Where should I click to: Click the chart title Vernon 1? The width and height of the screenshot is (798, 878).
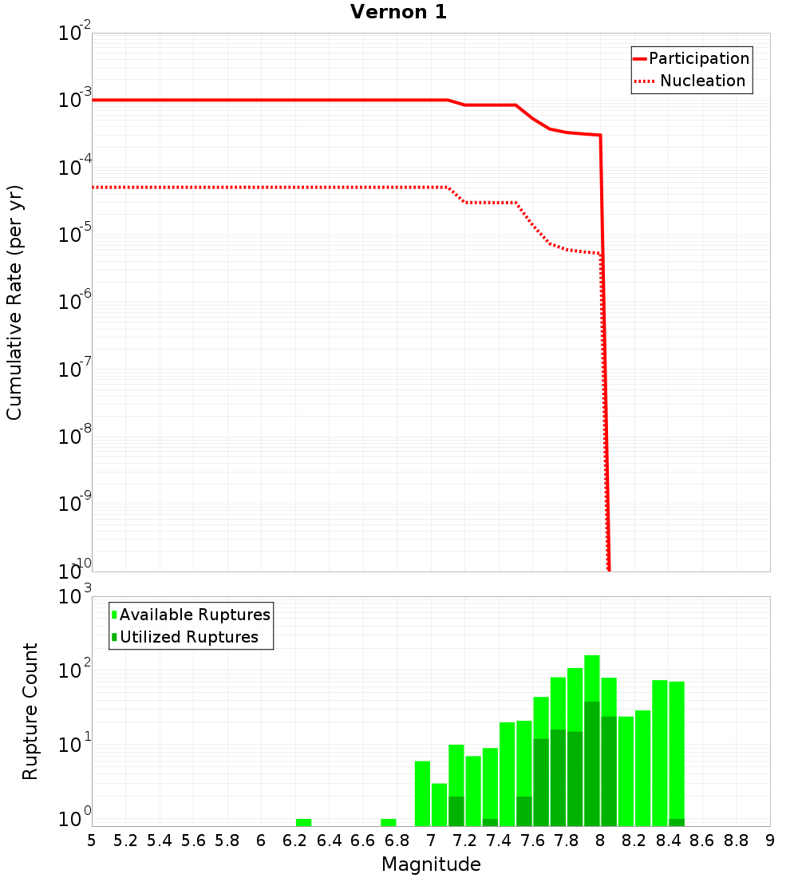click(x=398, y=12)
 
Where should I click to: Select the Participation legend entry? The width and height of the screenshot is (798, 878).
click(x=698, y=58)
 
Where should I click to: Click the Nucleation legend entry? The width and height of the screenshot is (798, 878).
click(x=701, y=81)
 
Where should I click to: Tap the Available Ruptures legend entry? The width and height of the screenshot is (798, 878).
click(x=194, y=615)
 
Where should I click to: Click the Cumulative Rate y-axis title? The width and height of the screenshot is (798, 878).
click(x=14, y=302)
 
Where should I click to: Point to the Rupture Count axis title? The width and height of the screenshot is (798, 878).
click(x=30, y=710)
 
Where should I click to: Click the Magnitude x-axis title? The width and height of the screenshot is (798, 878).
click(x=431, y=864)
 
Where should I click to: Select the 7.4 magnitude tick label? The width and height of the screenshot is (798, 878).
click(x=499, y=840)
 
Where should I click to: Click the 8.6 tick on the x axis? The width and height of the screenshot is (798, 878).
click(x=702, y=840)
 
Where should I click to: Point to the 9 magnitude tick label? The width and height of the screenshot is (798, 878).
click(x=769, y=840)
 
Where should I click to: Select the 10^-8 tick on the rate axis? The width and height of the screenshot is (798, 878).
click(x=77, y=437)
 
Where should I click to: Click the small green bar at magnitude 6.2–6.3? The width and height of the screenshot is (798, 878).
click(x=303, y=822)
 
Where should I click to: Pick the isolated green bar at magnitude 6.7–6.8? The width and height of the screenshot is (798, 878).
click(x=389, y=822)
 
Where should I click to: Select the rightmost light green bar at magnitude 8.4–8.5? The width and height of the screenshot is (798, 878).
click(x=677, y=750)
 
